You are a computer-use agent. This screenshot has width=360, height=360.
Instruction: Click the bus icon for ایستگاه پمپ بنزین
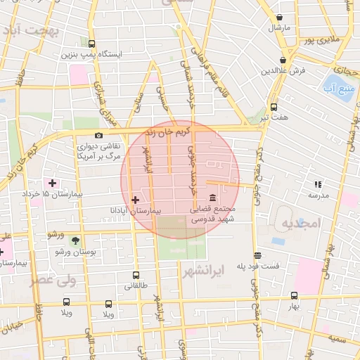(92, 43)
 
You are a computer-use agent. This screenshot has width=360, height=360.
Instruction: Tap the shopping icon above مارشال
(281, 17)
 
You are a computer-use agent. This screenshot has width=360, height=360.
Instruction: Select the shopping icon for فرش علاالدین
(283, 60)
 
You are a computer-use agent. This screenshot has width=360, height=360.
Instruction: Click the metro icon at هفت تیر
(274, 107)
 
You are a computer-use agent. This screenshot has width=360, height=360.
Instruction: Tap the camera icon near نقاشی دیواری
(98, 135)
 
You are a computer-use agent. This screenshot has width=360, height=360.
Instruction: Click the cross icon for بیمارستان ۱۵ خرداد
(51, 183)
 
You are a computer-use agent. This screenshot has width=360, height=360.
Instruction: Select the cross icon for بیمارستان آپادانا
(136, 200)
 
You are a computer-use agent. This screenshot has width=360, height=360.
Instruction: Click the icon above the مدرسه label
(318, 184)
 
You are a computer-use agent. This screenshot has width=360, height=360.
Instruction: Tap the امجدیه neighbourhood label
(301, 223)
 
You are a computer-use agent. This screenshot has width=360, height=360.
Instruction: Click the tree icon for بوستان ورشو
(75, 240)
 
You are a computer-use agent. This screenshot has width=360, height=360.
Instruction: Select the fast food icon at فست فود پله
(258, 256)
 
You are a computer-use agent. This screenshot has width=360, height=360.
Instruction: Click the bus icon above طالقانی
(136, 276)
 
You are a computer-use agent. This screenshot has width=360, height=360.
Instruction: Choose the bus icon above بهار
(294, 296)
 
